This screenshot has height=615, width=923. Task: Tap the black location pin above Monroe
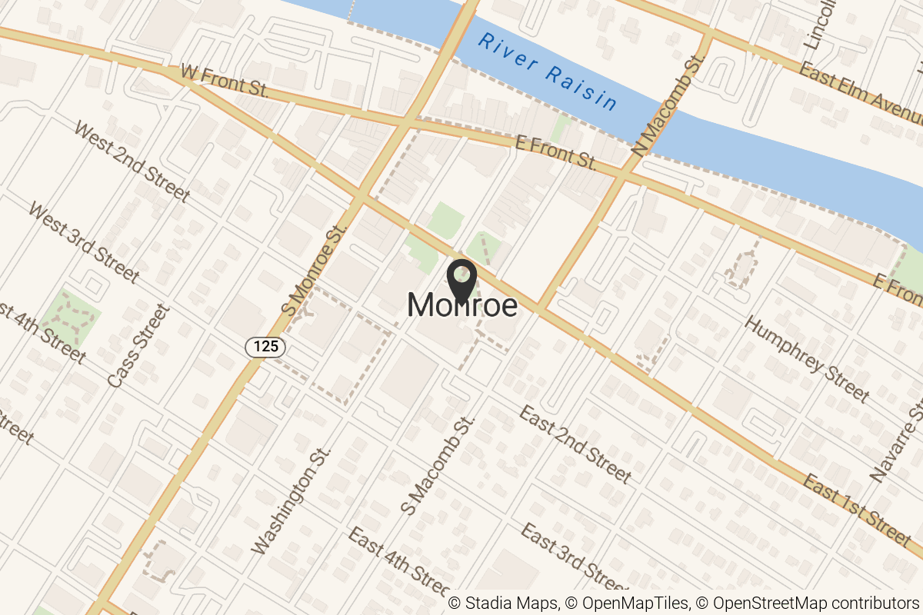[461, 280]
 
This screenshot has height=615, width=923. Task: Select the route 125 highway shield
[266, 347]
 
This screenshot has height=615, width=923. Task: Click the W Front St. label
[223, 80]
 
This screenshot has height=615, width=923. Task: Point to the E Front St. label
[555, 151]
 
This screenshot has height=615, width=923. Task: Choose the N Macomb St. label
[670, 105]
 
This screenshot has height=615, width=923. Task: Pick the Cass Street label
[138, 345]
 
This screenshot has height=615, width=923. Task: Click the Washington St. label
[292, 500]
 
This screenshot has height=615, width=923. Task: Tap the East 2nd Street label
[575, 445]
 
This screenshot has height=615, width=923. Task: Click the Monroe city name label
[461, 306]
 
